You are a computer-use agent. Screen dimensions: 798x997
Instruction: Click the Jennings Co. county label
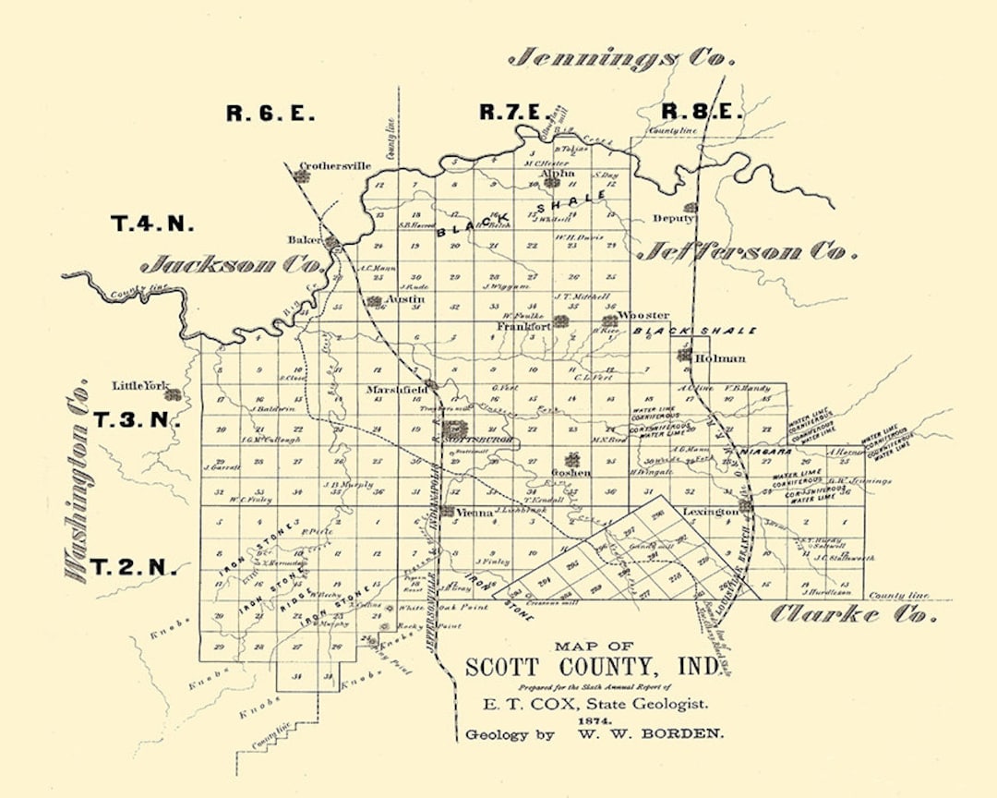tap(622, 58)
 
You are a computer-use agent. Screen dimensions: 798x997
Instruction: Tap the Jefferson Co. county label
tap(749, 250)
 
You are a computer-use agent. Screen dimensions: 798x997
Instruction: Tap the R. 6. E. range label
tap(270, 114)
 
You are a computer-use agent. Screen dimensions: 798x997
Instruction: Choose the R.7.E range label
tap(511, 113)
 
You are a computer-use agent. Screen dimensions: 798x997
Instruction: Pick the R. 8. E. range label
tap(702, 112)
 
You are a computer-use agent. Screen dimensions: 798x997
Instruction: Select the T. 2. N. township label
tap(135, 567)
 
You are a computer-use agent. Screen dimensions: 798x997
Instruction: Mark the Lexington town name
tap(710, 511)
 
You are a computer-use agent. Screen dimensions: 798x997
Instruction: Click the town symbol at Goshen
tap(572, 459)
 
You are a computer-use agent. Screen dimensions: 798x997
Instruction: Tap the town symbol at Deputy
tap(690, 208)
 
